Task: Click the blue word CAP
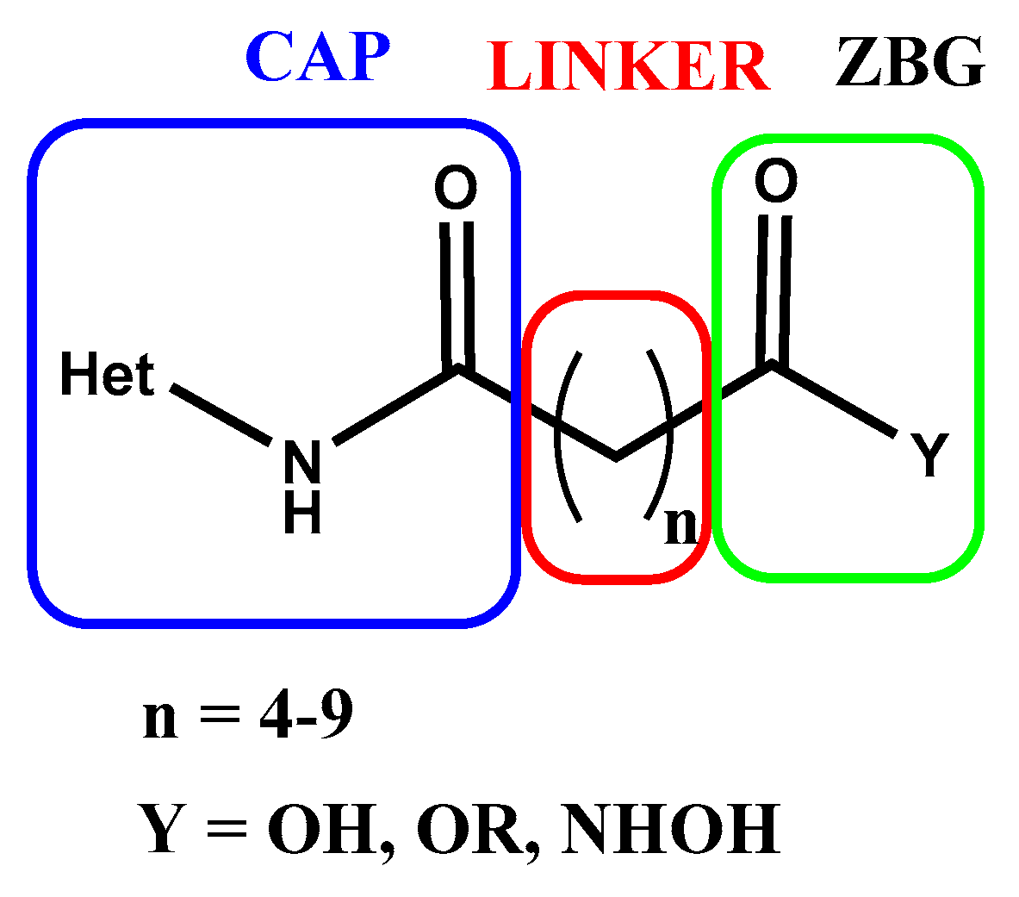tap(318, 58)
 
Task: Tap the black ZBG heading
tap(909, 64)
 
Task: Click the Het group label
tap(107, 377)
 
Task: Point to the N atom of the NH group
tap(301, 462)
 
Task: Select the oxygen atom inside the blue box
tap(455, 189)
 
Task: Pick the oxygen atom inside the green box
tap(775, 182)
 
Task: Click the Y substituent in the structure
tap(929, 455)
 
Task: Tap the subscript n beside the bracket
tap(680, 526)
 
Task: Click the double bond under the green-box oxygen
tap(774, 289)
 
